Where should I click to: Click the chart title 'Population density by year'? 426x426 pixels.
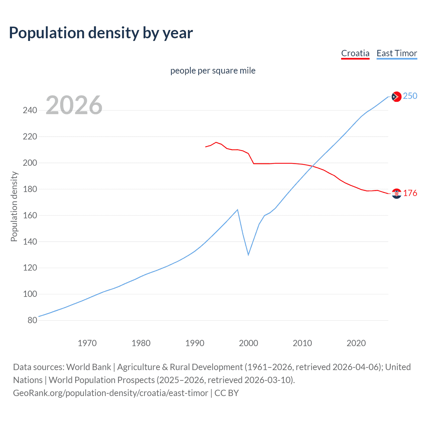(x=101, y=33)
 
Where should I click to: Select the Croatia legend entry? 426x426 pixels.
(x=355, y=53)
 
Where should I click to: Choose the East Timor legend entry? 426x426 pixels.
(x=397, y=53)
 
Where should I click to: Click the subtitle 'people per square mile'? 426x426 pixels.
(x=213, y=71)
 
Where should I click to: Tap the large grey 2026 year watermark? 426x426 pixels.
(x=74, y=105)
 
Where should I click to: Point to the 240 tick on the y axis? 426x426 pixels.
(x=30, y=110)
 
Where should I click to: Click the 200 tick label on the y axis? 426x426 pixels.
(x=30, y=163)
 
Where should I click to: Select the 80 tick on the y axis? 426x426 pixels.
(x=32, y=320)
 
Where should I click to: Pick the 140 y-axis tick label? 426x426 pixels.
(x=30, y=242)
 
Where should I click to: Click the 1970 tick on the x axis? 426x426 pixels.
(x=87, y=343)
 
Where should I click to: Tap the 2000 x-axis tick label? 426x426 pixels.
(x=248, y=343)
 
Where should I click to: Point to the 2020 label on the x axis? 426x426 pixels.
(x=356, y=343)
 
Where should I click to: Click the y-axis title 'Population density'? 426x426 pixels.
(x=14, y=206)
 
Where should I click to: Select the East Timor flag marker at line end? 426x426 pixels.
(x=396, y=97)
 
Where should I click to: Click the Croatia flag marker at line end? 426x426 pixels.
(x=396, y=193)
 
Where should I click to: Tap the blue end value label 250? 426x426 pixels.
(x=410, y=96)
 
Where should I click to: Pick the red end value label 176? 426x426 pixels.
(x=410, y=193)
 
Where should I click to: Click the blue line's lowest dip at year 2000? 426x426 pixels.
(x=248, y=255)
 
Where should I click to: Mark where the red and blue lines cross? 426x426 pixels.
(x=313, y=165)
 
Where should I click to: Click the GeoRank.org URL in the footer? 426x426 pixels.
(x=110, y=393)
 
